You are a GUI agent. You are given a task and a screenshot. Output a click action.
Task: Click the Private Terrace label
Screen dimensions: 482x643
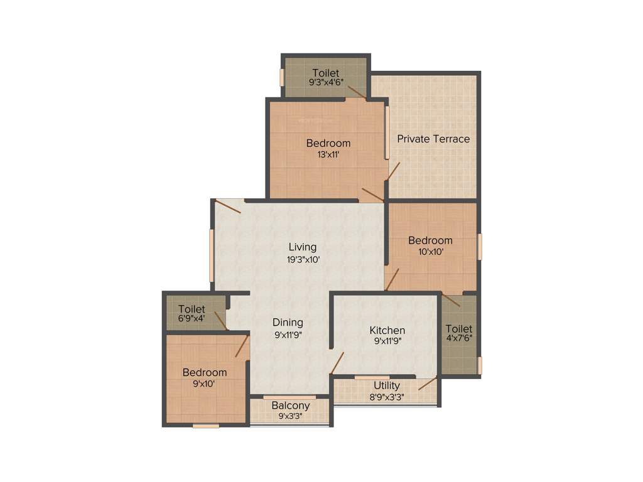coord(433,139)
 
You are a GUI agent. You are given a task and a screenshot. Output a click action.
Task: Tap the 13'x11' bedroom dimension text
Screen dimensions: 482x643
coord(328,155)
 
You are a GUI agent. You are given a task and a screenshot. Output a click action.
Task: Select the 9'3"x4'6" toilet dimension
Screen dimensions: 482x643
coord(325,82)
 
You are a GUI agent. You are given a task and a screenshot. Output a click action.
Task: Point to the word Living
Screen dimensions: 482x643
coord(303,247)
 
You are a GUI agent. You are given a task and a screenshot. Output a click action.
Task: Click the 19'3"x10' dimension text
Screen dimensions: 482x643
coord(303,259)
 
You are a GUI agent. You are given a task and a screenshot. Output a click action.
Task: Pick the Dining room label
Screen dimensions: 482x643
coord(288,322)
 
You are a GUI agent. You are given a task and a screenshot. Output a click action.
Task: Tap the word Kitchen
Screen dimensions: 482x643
coord(387,330)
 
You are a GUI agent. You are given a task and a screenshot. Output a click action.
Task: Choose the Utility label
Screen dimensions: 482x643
coord(386,385)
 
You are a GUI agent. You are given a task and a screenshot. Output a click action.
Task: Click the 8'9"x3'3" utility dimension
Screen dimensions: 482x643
coord(386,396)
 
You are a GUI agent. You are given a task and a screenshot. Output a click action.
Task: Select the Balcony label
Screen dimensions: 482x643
coord(290,405)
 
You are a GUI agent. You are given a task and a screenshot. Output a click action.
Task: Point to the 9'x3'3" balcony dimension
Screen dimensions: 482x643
coord(290,415)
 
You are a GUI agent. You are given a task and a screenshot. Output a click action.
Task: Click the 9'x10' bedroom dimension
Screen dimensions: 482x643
coord(204,383)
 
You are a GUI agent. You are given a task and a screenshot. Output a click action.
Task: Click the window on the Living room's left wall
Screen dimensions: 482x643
coord(212,255)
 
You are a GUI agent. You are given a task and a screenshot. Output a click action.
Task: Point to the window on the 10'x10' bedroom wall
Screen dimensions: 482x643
coord(479,247)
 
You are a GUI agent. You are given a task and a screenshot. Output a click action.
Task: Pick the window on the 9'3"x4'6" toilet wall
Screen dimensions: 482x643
coord(282,77)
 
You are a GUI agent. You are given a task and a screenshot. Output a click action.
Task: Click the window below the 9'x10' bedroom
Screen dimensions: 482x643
coord(205,426)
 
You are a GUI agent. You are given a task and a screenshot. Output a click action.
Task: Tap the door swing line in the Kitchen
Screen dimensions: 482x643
coord(337,363)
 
